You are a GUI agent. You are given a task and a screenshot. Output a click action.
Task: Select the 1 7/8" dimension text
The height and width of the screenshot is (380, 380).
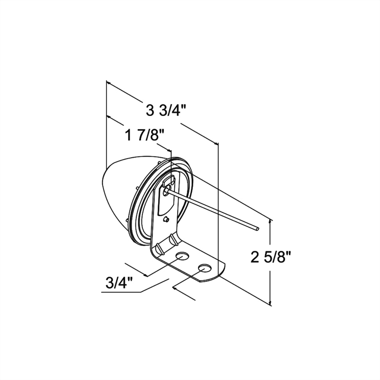click(145, 135)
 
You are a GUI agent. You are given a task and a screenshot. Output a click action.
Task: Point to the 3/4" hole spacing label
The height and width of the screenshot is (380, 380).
click(120, 282)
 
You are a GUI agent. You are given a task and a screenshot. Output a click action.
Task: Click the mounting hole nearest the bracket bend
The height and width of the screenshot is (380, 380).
click(182, 256)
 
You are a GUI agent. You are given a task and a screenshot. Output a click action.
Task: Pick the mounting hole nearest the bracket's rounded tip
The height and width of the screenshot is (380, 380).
click(205, 268)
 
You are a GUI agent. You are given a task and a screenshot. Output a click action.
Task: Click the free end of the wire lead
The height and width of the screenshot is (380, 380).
click(257, 228)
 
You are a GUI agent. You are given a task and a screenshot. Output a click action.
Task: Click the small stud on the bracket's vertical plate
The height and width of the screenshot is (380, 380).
click(166, 219)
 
